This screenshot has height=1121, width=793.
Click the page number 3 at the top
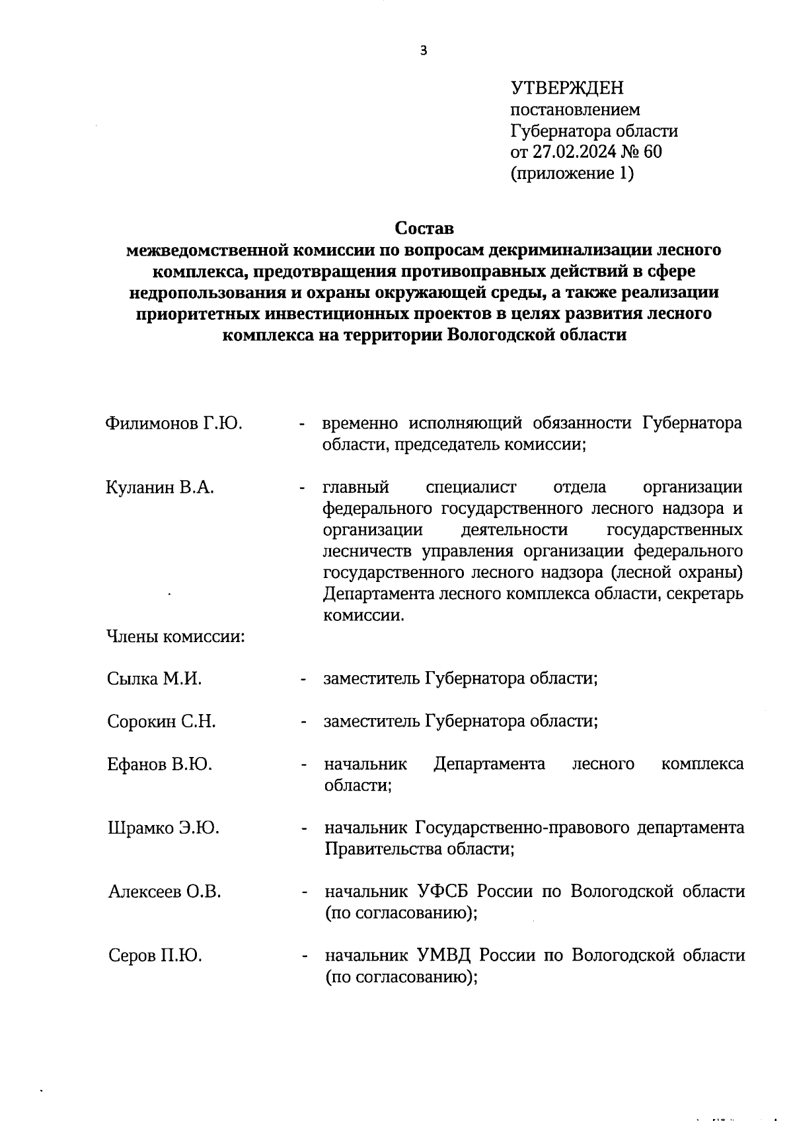(424, 51)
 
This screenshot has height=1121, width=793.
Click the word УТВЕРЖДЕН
(567, 88)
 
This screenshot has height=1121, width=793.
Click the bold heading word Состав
(424, 229)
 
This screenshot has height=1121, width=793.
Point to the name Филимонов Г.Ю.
(174, 423)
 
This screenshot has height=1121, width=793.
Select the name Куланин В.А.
(160, 488)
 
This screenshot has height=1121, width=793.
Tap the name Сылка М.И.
(154, 678)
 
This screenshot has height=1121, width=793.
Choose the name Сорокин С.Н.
(161, 721)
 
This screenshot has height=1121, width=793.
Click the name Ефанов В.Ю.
(159, 764)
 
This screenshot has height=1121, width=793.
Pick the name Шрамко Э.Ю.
(163, 828)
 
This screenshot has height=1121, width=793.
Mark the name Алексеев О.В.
(165, 892)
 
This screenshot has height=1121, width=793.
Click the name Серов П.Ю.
(155, 955)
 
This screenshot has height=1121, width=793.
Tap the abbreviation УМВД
(443, 955)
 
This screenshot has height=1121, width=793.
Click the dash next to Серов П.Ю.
(304, 956)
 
